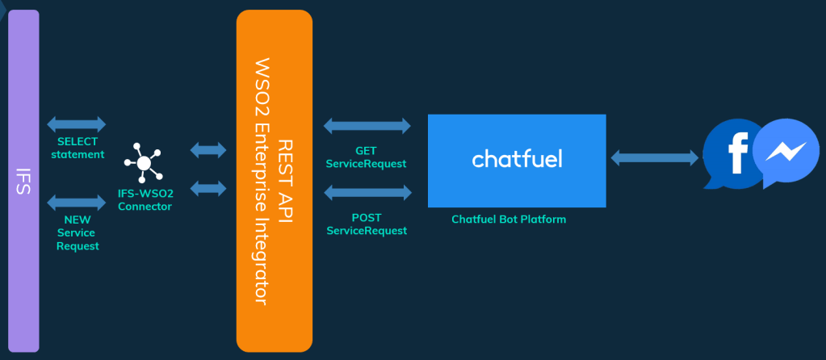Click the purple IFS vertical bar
click(x=23, y=181)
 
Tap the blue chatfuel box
click(x=517, y=161)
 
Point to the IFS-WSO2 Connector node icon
click(x=144, y=163)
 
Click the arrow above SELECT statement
click(x=77, y=124)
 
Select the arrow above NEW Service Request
click(x=77, y=202)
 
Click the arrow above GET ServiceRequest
click(x=367, y=126)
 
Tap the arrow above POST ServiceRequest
click(x=367, y=193)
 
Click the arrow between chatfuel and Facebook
click(x=654, y=157)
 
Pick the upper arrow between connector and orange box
click(x=208, y=149)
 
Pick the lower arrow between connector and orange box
click(x=208, y=188)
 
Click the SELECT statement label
click(x=78, y=148)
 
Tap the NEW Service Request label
click(x=78, y=232)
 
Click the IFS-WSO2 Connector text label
click(x=145, y=200)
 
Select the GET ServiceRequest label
click(x=366, y=157)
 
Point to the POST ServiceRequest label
click(x=366, y=224)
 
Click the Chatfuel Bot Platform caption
click(x=509, y=220)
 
